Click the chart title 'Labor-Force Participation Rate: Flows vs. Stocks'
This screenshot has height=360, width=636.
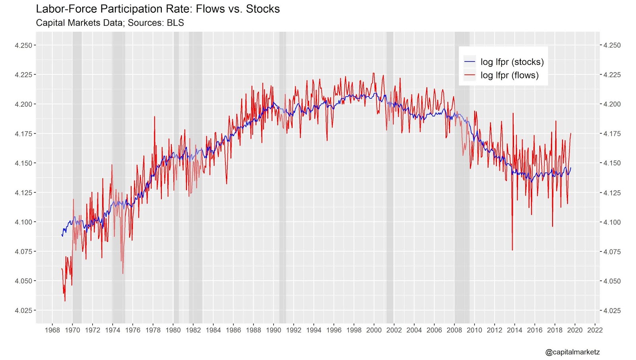click(158, 9)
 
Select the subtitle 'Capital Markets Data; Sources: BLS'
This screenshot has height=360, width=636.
click(110, 23)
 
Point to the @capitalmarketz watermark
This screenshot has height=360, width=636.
click(572, 352)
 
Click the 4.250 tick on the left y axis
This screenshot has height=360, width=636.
click(23, 45)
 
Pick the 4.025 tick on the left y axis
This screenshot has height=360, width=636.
click(23, 310)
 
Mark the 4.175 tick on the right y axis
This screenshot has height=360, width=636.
click(612, 134)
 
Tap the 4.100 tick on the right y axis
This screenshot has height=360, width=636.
click(612, 222)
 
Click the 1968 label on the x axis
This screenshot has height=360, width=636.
click(52, 330)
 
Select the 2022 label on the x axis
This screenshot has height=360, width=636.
click(595, 330)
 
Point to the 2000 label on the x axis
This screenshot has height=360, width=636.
click(374, 330)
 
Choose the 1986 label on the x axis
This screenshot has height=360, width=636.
click(233, 330)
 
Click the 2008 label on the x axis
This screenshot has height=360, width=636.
click(454, 330)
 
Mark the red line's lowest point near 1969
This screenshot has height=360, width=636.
click(65, 301)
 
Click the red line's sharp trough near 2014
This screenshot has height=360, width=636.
click(512, 250)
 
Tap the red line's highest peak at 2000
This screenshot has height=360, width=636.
click(374, 73)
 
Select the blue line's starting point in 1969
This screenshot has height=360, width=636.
click(62, 235)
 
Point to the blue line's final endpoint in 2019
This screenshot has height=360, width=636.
click(571, 168)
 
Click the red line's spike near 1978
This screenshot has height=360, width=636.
click(155, 117)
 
